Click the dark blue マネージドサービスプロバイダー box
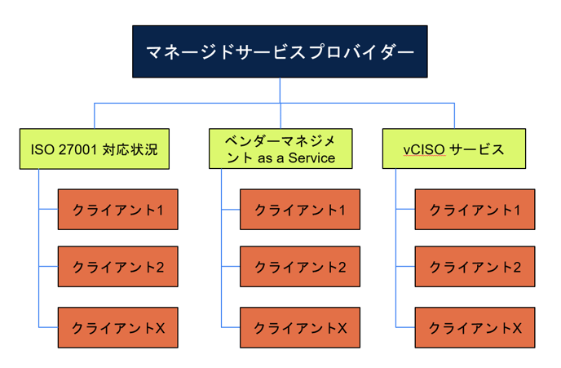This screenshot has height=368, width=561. tap(280, 51)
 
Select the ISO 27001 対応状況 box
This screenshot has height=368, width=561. tap(95, 149)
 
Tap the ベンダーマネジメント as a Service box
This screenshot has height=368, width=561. tap(280, 149)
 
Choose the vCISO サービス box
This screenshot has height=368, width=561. tap(454, 149)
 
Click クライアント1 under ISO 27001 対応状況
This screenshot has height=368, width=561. tap(118, 210)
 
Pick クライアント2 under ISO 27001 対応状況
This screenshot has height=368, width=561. tap(118, 266)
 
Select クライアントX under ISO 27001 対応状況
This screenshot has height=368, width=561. tap(118, 327)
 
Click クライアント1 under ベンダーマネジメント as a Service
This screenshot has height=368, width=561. tap(300, 210)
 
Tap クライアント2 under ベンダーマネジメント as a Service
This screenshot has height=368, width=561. tap(300, 266)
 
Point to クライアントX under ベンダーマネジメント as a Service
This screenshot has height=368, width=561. tap(300, 327)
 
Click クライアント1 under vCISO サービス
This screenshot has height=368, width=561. tap(475, 210)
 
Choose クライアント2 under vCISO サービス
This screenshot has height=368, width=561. tap(475, 266)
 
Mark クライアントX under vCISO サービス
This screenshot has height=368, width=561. tap(475, 327)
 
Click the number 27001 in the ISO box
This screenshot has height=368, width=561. tap(78, 149)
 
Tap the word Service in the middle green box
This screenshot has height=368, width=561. tap(311, 157)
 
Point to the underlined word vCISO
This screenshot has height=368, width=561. tap(424, 149)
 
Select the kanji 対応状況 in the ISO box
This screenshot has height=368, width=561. tap(130, 149)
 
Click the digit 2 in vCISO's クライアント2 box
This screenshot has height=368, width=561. tap(516, 268)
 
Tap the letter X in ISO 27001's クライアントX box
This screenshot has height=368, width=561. tap(160, 328)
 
